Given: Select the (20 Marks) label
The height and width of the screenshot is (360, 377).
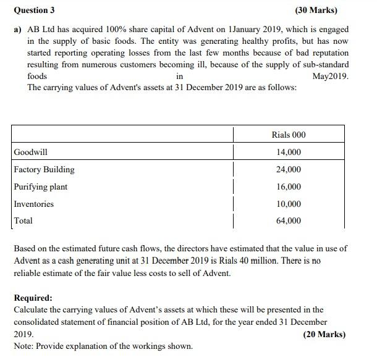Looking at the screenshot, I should pyautogui.click(x=324, y=334).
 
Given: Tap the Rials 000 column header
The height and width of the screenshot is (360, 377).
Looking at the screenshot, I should pyautogui.click(x=288, y=135).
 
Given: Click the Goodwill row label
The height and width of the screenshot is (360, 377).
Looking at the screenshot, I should pyautogui.click(x=30, y=153).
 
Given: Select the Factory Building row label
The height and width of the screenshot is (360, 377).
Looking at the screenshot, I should pyautogui.click(x=44, y=169).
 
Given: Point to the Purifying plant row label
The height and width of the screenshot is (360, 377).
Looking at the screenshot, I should pyautogui.click(x=41, y=186).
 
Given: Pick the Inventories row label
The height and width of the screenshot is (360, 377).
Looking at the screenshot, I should pyautogui.click(x=34, y=204).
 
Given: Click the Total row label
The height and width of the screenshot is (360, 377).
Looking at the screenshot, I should pyautogui.click(x=23, y=220).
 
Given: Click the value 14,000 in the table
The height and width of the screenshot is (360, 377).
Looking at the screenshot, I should pyautogui.click(x=288, y=153).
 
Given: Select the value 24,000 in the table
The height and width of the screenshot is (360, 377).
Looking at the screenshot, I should pyautogui.click(x=288, y=170).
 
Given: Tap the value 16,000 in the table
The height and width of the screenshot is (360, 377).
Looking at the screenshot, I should pyautogui.click(x=288, y=186).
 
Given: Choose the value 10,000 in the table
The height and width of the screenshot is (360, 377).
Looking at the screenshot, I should pyautogui.click(x=288, y=204).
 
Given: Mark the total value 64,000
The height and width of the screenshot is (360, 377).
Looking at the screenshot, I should pyautogui.click(x=288, y=220).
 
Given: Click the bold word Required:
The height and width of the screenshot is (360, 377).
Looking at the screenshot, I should pyautogui.click(x=33, y=297).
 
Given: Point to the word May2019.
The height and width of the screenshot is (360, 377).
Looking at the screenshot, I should pyautogui.click(x=331, y=77).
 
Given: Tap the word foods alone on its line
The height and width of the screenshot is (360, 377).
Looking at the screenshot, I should pyautogui.click(x=37, y=77).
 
